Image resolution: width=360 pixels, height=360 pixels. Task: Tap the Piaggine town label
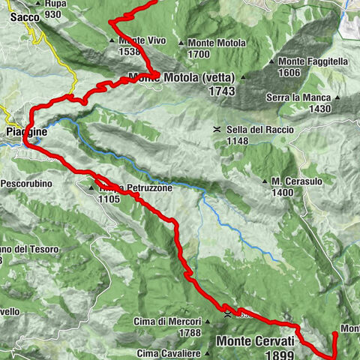[x=26, y=130]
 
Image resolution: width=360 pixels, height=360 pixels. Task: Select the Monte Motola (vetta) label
[x=181, y=77]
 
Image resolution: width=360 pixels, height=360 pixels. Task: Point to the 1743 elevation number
[x=223, y=91]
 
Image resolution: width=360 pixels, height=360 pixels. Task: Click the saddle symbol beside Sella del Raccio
[x=216, y=130]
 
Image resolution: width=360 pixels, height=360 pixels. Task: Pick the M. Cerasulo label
[x=298, y=181]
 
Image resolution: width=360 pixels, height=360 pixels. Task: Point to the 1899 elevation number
[x=274, y=354]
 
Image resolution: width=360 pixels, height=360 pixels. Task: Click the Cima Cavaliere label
[x=169, y=352]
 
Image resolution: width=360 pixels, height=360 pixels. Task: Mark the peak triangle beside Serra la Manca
[x=337, y=97]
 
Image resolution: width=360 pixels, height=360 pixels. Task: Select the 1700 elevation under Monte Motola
[x=198, y=54]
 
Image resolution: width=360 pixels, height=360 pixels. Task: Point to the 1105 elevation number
[x=108, y=199]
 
